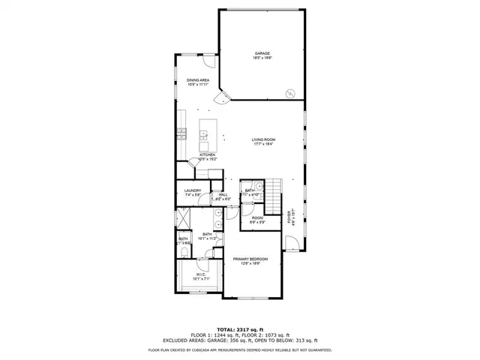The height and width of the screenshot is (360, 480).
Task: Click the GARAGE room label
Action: click(262, 53)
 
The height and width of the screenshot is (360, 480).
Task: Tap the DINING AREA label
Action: click(198, 79)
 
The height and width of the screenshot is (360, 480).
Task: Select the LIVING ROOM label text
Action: click(262, 139)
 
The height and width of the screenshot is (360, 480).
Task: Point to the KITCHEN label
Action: click(207, 155)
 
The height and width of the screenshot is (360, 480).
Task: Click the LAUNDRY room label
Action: click(193, 190)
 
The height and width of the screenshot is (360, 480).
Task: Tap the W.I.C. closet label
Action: click(201, 274)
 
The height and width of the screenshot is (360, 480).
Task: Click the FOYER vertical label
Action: click(290, 217)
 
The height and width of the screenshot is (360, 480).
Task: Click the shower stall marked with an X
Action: click(182, 218)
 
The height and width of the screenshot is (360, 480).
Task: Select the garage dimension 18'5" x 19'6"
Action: click(262, 58)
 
